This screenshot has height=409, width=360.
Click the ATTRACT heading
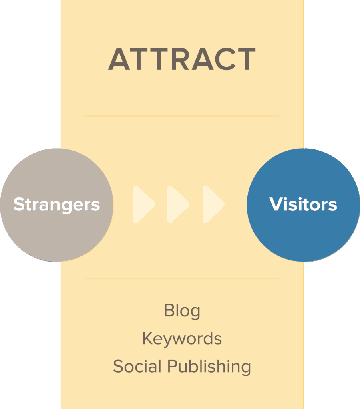pos(182,59)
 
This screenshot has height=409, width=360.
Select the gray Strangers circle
pos(57,205)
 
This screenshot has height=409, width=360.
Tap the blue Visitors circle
pos(303,205)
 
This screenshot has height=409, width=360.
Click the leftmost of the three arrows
pos(144,204)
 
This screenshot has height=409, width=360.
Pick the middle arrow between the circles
pos(178,204)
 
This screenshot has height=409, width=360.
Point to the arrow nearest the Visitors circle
pos(213,204)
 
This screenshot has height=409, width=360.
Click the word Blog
pos(182,311)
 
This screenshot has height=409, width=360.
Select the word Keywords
pos(182,338)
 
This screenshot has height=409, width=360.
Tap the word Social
pos(137,366)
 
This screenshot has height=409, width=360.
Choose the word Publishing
pos(209,367)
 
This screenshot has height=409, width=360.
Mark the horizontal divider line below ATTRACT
pos(182,116)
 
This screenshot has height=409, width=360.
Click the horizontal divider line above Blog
pos(182,278)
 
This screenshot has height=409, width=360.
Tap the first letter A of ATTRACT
pos(119,59)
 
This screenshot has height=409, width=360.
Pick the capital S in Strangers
pos(20,204)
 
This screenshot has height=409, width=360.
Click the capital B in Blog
pos(169,310)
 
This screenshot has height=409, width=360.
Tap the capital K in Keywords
pos(148,338)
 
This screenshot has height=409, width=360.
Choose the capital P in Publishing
pos(172,366)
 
